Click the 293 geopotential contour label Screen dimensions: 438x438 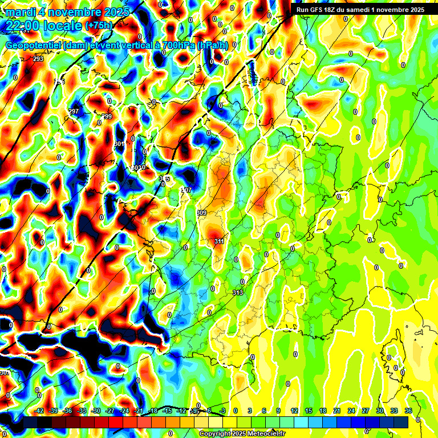[x=39, y=59]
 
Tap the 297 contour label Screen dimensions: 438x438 [x=74, y=111]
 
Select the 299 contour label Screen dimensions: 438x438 [x=107, y=116]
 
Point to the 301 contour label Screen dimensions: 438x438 [x=119, y=144]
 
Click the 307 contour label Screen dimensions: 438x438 [x=186, y=190]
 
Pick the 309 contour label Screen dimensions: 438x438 [x=201, y=213]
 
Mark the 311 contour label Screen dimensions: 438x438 [x=219, y=242]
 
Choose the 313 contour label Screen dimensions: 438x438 [x=238, y=293]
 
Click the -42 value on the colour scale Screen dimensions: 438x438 [x=39, y=411]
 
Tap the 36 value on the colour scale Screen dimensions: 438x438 [x=408, y=411]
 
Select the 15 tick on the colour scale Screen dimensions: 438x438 [x=308, y=411]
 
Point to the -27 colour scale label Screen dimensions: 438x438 [x=111, y=411]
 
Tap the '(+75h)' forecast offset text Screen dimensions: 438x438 [x=100, y=26]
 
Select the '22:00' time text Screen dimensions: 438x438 [x=22, y=26]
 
